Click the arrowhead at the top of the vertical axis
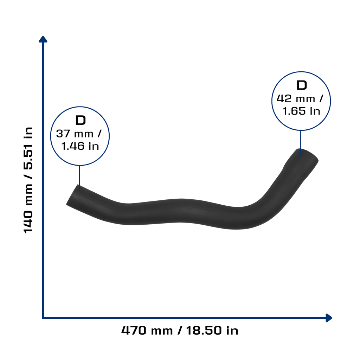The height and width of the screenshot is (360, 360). (43, 39)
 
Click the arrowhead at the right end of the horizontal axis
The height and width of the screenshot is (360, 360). (329, 318)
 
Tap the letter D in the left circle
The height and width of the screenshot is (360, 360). (81, 120)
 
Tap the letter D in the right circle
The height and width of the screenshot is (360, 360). (302, 85)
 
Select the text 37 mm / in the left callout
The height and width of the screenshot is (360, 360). (79, 134)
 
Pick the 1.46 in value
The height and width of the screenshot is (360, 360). (80, 146)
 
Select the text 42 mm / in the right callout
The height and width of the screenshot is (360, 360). (300, 99)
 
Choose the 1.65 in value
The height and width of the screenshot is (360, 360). (301, 111)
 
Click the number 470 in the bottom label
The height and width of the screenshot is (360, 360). (134, 330)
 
